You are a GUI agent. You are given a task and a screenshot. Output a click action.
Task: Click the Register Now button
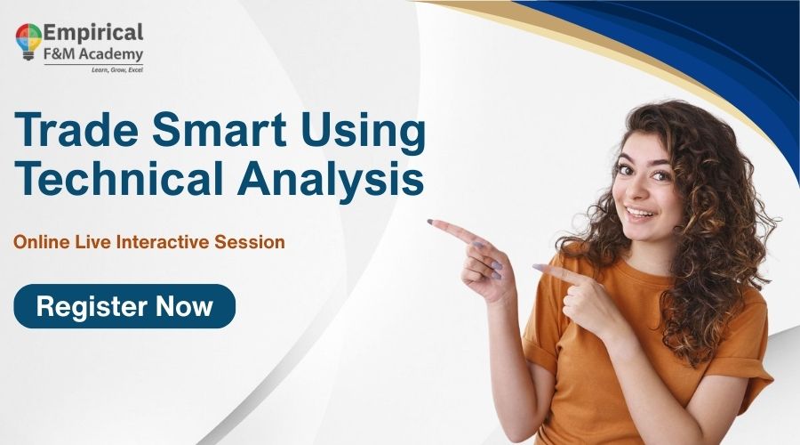pyautogui.click(x=124, y=306)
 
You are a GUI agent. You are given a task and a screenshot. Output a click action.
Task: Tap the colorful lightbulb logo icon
pyautogui.click(x=28, y=41)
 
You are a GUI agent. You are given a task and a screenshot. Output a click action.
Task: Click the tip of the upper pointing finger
pyautogui.click(x=431, y=222)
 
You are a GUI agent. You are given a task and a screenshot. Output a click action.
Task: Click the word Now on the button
pyautogui.click(x=184, y=307)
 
